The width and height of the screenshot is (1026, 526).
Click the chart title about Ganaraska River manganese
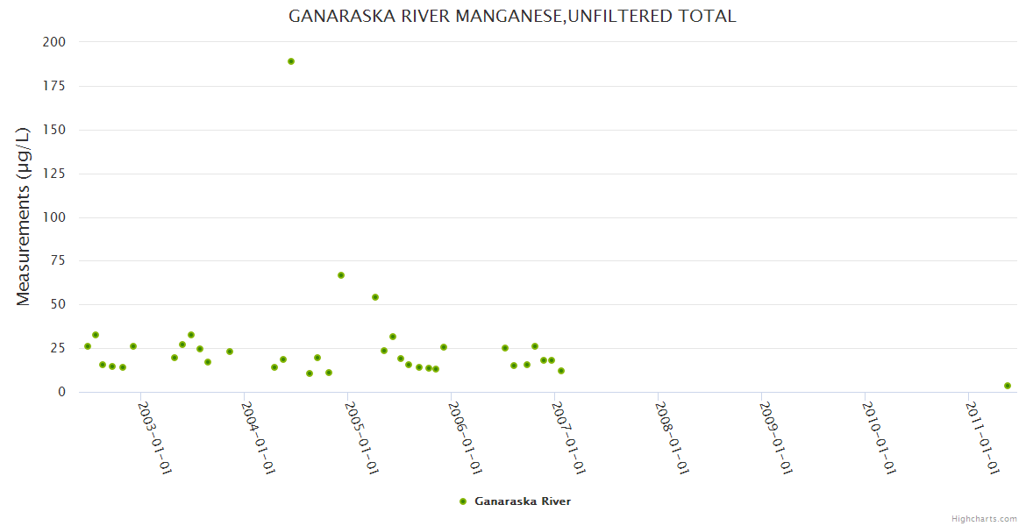(x=512, y=17)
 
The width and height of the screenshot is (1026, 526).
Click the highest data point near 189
(x=291, y=61)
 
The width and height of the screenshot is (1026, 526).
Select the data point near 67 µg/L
(x=341, y=275)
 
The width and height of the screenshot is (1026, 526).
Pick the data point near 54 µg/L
(x=375, y=297)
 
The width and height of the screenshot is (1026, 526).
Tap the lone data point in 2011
(x=1008, y=386)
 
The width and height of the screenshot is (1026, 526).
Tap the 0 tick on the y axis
(x=61, y=392)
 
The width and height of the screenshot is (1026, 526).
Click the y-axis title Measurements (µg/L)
(x=24, y=217)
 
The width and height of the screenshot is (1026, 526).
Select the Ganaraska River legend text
(x=523, y=501)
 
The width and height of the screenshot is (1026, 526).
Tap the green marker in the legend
(x=463, y=501)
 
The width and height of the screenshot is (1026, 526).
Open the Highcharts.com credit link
(x=984, y=519)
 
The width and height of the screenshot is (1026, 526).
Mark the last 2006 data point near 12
(x=561, y=371)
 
